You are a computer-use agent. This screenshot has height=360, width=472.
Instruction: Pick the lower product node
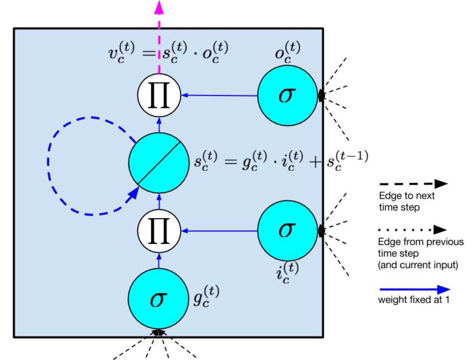tap(159, 230)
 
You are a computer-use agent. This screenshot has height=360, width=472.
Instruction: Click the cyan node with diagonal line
tap(159, 163)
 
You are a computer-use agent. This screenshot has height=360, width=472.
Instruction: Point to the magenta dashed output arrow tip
tap(159, 5)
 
